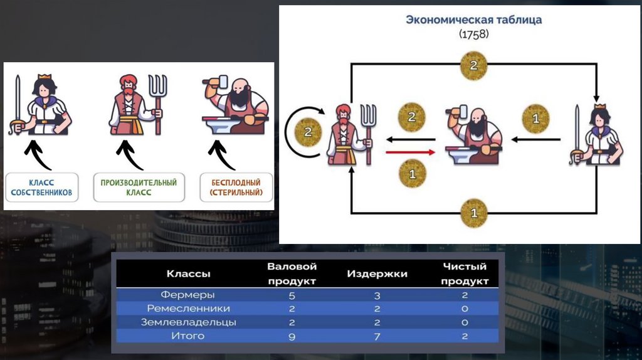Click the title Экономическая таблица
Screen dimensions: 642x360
(x=473, y=19)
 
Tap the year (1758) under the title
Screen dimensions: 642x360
(x=473, y=34)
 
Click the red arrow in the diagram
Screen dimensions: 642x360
(x=411, y=151)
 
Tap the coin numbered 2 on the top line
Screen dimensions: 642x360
(x=473, y=65)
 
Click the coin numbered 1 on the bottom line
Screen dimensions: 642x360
(x=473, y=213)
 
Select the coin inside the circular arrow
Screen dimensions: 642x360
(x=307, y=132)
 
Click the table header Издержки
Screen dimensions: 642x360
(x=377, y=274)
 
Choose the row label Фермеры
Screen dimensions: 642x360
(x=188, y=295)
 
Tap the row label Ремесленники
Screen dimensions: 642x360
(x=188, y=309)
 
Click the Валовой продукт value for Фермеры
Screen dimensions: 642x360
(x=292, y=295)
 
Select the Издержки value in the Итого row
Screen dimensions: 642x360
(x=377, y=337)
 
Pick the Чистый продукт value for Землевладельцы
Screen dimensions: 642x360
(x=465, y=322)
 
